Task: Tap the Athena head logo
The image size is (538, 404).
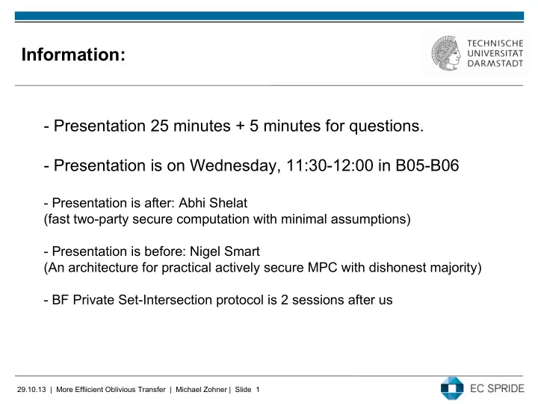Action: (446, 53)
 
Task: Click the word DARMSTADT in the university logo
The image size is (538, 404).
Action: (495, 64)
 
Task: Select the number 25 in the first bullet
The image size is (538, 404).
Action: (159, 126)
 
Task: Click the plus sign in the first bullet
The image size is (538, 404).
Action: (240, 126)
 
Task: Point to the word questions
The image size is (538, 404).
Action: (386, 126)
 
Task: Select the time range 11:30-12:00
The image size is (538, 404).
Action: (330, 165)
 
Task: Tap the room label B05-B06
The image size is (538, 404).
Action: (427, 165)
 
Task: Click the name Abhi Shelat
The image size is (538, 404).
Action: (213, 203)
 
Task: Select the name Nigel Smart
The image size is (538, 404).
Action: (225, 252)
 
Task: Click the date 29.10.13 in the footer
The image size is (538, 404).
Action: (31, 390)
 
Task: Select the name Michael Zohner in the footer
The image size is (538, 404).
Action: (201, 390)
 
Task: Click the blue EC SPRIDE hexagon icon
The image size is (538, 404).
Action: (452, 388)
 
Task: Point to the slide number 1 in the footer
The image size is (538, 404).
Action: (258, 390)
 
